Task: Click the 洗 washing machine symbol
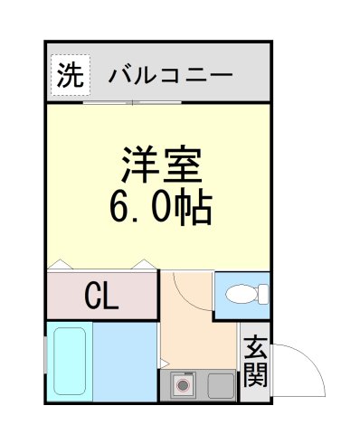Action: [x=68, y=76]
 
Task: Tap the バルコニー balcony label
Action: [x=170, y=76]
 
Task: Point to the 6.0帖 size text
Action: [x=161, y=209]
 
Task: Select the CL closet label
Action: [x=101, y=295]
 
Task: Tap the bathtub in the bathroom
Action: [x=70, y=361]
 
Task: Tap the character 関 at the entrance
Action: [x=256, y=375]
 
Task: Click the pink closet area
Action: [x=101, y=295]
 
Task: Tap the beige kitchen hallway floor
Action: [x=196, y=339]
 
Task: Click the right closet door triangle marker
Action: [x=143, y=265]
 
